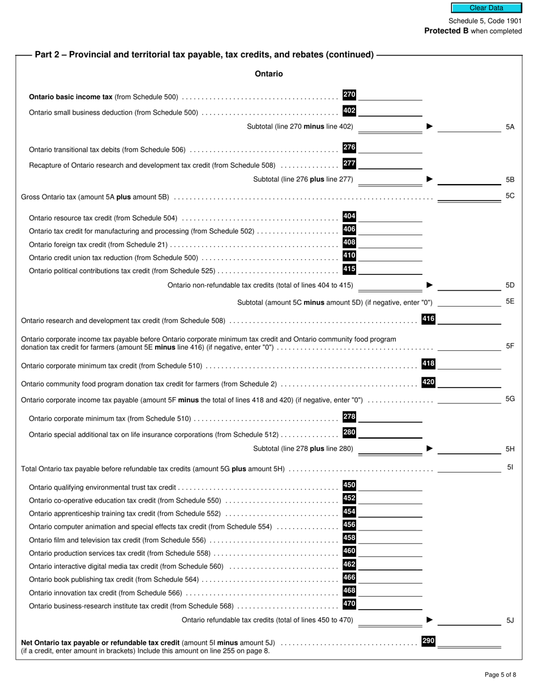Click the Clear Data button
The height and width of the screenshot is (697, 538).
(486, 8)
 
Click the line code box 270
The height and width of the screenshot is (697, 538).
(349, 95)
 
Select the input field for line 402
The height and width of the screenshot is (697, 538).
(390, 111)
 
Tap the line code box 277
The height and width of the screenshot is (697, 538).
(349, 164)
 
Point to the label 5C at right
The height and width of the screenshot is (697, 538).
(510, 196)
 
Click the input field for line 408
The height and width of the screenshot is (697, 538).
(390, 244)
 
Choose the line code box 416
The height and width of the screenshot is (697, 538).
(428, 319)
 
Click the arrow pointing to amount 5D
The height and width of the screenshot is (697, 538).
(429, 285)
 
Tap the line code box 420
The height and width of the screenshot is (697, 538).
(428, 382)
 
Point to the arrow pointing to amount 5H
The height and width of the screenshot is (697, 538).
(429, 448)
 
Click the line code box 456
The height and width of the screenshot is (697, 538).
(349, 525)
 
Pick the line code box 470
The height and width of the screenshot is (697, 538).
(349, 604)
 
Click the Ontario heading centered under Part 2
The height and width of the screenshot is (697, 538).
(268, 74)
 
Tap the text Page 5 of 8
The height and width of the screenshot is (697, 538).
(500, 674)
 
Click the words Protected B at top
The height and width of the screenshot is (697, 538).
(446, 31)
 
